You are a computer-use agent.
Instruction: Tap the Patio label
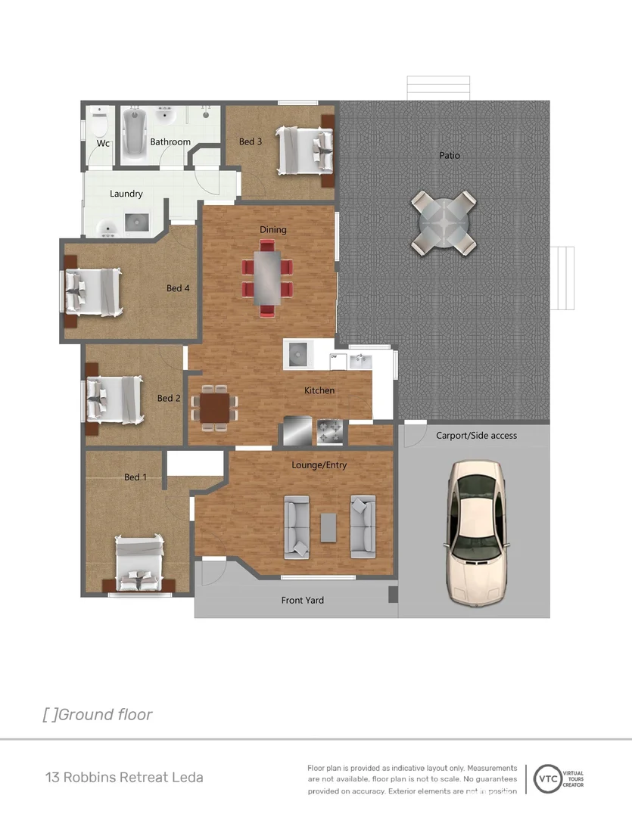pos(450,156)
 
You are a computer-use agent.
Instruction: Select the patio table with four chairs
pos(444,222)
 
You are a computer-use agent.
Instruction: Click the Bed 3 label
pos(251,141)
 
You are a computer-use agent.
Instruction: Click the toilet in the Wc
pos(100,123)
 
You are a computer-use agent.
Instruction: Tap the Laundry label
pos(126,194)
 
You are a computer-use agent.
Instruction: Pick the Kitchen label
pos(319,390)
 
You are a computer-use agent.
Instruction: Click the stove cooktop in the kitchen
pos(330,433)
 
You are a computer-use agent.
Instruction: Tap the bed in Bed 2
pos(113,399)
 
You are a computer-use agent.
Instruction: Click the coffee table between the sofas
pos(328,527)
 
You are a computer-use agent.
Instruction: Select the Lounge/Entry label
pos(319,465)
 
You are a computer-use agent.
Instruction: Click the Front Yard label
pos(303,601)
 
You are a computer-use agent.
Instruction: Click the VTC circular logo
pos(546,778)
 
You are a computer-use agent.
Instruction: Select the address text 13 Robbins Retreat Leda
pos(124,778)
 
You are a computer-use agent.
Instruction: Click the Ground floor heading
pos(98,715)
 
